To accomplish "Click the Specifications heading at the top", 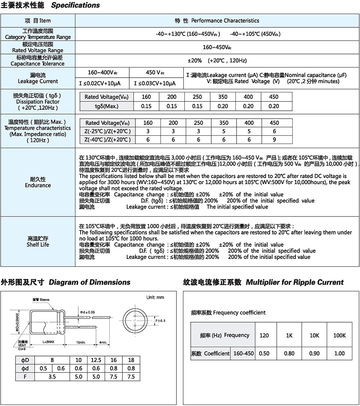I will click(75, 5).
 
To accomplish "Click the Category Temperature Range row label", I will click(38, 34).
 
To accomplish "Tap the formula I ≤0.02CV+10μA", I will click(100, 83).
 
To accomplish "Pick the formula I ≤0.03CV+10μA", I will click(155, 83).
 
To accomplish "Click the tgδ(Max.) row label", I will click(107, 106).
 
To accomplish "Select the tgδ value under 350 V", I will click(223, 106).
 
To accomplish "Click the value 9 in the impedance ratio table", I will click(274, 140).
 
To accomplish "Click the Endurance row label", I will click(38, 182).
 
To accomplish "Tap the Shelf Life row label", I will click(38, 242).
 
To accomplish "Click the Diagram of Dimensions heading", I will click(90, 282).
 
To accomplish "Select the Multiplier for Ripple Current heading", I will click(294, 282).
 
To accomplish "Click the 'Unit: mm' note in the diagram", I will click(155, 297).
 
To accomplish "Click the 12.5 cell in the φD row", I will click(96, 360).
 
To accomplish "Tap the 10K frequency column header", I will click(314, 335).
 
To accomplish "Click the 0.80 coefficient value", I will click(289, 353).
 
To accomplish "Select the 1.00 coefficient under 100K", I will click(339, 353).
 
